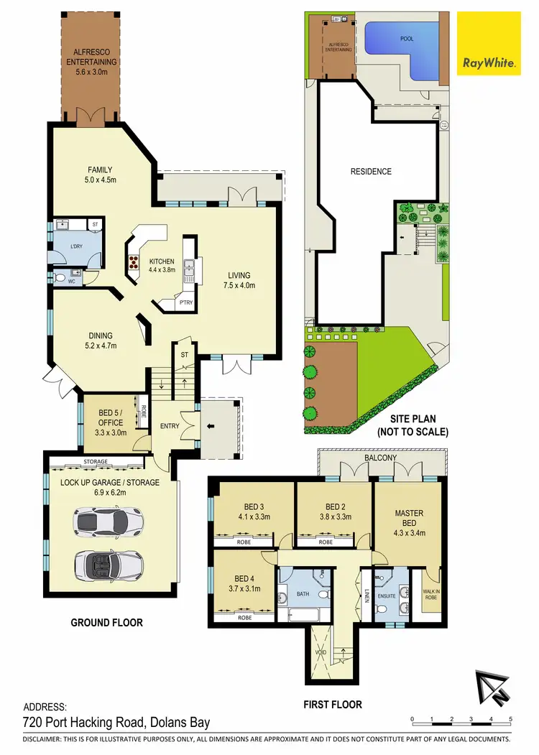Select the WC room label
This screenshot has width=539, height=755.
72,282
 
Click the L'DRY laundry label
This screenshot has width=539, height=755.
77,246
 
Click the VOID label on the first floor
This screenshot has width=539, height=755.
321,652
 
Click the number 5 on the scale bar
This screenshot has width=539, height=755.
510,718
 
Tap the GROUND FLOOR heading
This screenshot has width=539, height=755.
106,623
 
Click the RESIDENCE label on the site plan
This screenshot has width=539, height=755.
371,172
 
